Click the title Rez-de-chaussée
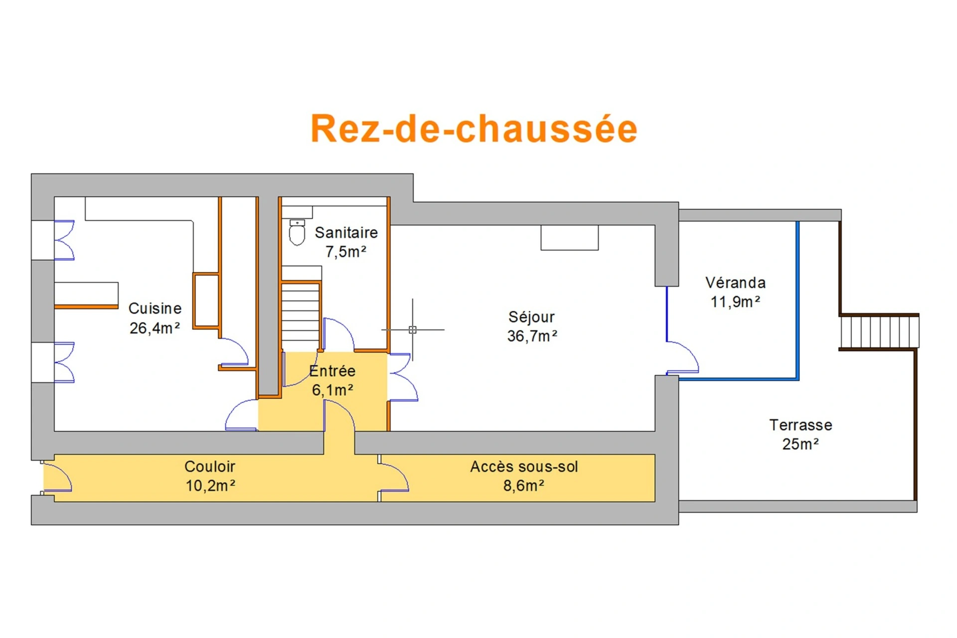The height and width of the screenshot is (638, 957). click(474, 129)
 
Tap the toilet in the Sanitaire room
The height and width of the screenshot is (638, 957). click(297, 232)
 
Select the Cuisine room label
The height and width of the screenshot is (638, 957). click(155, 309)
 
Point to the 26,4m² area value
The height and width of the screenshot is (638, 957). click(155, 328)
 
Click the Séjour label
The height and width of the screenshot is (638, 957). click(531, 317)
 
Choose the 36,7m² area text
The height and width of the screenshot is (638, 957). click(532, 336)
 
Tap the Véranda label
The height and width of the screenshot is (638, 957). click(735, 283)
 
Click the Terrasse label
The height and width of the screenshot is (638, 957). click(800, 425)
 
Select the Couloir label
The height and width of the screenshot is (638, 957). click(209, 467)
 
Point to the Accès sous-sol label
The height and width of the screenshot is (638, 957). click(524, 467)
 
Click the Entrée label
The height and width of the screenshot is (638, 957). click(332, 371)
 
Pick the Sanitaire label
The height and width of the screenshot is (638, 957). click(346, 232)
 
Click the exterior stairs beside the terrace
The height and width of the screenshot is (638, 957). click(879, 332)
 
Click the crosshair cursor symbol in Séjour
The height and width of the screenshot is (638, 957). click(412, 329)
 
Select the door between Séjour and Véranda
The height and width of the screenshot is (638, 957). click(682, 357)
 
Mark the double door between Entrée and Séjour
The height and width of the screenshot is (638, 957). click(403, 377)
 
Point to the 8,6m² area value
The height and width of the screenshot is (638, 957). click(523, 485)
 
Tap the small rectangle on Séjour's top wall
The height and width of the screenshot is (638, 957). click(569, 237)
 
